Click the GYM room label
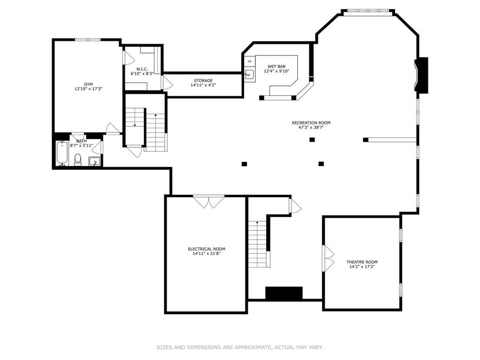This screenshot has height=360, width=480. (x=88, y=84)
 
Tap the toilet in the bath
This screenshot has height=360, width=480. (x=78, y=160)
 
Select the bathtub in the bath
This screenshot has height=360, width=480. (x=62, y=153)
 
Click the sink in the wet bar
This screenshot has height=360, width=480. (x=250, y=74)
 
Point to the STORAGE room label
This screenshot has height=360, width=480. (x=203, y=81)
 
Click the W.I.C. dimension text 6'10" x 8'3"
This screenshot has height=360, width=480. (x=142, y=74)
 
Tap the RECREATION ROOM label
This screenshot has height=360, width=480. (x=311, y=123)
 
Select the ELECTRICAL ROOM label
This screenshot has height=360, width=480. (x=206, y=249)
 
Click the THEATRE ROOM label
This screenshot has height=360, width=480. (x=362, y=262)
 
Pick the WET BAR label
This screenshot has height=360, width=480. (x=276, y=67)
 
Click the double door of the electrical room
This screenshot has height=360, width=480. (x=209, y=202)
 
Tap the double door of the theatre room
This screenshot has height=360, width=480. (x=329, y=258)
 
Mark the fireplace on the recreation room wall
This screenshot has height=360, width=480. (x=421, y=75)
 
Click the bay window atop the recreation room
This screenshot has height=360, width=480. (x=368, y=11)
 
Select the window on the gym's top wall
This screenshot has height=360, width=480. (x=88, y=39)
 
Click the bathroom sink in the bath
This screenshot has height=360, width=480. (x=95, y=161)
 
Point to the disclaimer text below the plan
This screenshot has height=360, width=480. (x=240, y=347)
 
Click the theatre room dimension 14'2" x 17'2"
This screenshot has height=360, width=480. (x=362, y=267)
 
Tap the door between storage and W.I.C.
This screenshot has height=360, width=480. (x=167, y=83)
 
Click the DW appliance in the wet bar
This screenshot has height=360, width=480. (x=250, y=61)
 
